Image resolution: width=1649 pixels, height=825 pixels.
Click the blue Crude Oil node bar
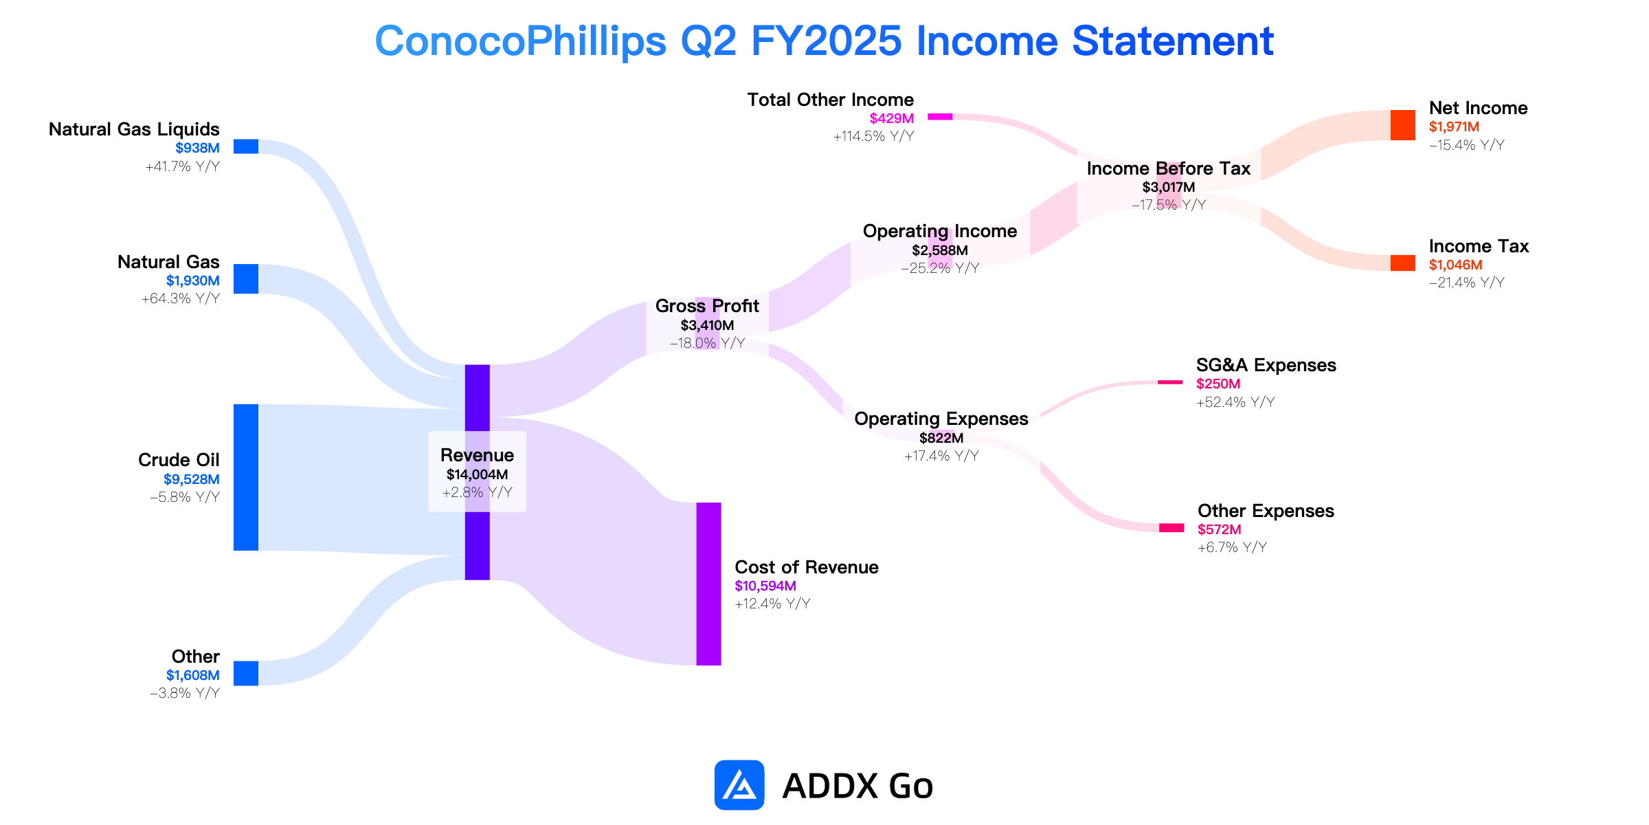(246, 477)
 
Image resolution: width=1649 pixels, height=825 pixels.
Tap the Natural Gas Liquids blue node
(246, 146)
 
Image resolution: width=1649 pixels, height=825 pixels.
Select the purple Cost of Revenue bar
(709, 584)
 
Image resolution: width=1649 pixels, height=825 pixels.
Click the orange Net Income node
(1403, 125)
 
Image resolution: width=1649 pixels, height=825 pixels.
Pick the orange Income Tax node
(1403, 263)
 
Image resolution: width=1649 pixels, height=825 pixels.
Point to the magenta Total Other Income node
(940, 117)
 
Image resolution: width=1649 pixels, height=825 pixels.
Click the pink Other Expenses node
(1171, 528)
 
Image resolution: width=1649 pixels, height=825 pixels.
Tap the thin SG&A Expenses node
(1170, 382)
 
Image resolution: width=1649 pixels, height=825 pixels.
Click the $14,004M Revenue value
(478, 474)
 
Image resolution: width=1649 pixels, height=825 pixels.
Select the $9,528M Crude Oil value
(192, 479)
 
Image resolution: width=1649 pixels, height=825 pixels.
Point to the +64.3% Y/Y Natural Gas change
(181, 298)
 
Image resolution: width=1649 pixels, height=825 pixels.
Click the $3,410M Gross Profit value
(707, 325)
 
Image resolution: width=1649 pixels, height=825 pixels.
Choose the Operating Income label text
(940, 231)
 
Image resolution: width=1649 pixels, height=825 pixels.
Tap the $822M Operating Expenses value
(941, 438)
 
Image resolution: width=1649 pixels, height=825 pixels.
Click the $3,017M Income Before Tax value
(1169, 187)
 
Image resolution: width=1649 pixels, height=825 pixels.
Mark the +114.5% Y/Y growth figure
(873, 136)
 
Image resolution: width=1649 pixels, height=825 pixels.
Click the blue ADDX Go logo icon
(739, 785)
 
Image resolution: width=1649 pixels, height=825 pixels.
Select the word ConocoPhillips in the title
(521, 41)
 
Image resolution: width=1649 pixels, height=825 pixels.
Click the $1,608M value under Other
(193, 675)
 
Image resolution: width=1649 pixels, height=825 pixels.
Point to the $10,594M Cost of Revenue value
(765, 586)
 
